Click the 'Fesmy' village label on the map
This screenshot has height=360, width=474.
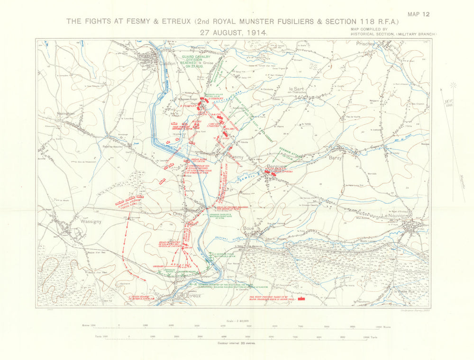point(236,156)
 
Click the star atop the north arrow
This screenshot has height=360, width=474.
point(453,85)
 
